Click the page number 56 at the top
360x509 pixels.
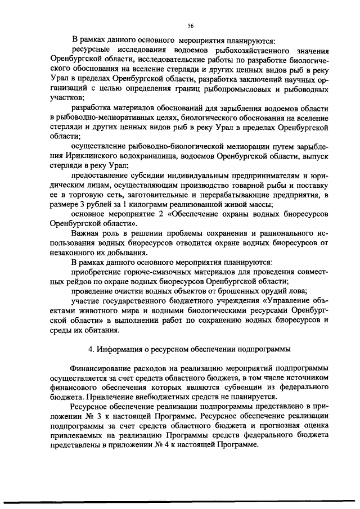pyautogui.click(x=190, y=25)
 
